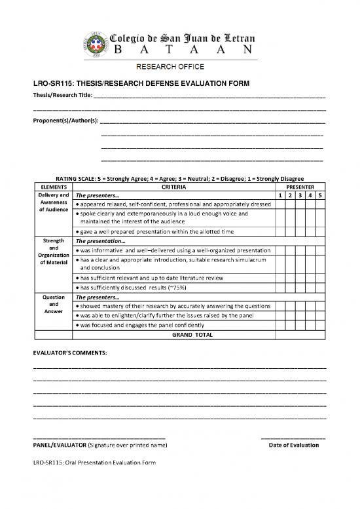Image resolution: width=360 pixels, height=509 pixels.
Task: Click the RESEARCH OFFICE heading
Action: click(170, 67)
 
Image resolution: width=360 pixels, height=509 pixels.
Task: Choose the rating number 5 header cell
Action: click(319, 196)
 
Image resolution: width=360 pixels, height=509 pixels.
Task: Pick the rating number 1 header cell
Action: click(279, 196)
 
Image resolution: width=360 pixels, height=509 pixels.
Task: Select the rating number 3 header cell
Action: click(300, 196)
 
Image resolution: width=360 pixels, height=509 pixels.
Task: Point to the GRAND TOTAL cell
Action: click(192, 334)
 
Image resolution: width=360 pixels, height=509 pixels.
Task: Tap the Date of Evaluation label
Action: click(294, 445)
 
